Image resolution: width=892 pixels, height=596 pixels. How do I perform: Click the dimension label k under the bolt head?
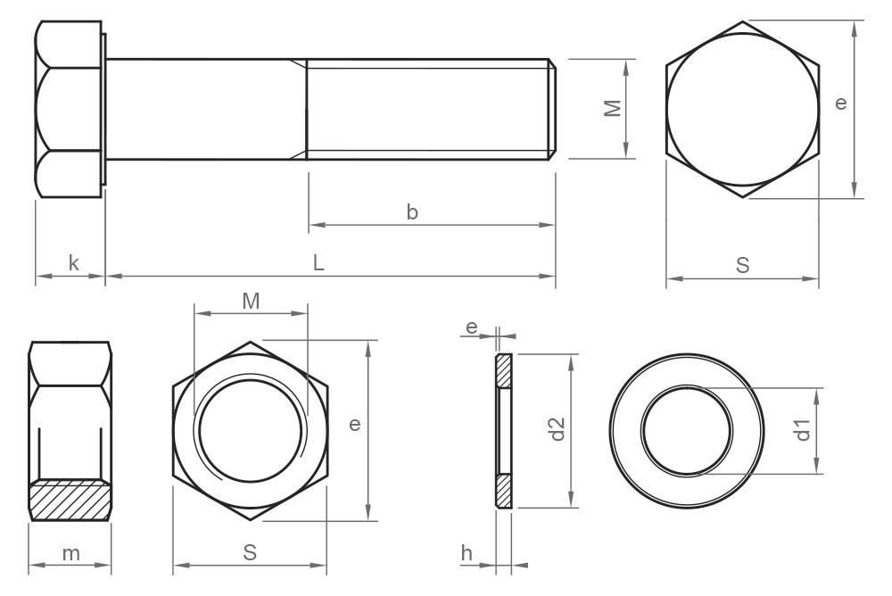73,263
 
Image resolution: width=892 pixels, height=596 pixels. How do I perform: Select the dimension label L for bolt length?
318,263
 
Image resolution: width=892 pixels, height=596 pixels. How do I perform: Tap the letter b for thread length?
412,212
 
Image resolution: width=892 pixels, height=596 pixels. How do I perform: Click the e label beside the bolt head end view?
839,103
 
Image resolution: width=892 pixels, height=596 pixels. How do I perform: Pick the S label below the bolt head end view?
742,265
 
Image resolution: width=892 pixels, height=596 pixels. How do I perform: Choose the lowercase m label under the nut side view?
71,553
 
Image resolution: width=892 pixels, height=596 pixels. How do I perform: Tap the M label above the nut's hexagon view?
251,302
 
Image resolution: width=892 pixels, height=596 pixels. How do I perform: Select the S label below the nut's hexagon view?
250,553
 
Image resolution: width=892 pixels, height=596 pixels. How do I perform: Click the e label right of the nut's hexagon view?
354,426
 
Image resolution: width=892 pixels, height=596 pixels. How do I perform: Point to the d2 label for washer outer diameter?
558,429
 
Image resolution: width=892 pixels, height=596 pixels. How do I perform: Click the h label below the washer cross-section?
467,553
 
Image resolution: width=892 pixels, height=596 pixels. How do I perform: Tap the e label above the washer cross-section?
470,328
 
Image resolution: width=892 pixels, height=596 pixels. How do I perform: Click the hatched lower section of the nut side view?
70,501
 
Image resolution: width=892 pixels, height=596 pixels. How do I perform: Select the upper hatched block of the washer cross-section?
504,370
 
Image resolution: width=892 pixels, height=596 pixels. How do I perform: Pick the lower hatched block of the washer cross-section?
504,491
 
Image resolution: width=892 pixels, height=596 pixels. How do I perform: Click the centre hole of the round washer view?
686,431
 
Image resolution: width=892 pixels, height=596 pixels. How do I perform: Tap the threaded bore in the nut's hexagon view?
251,431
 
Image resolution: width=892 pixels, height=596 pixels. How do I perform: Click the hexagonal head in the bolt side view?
70,109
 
